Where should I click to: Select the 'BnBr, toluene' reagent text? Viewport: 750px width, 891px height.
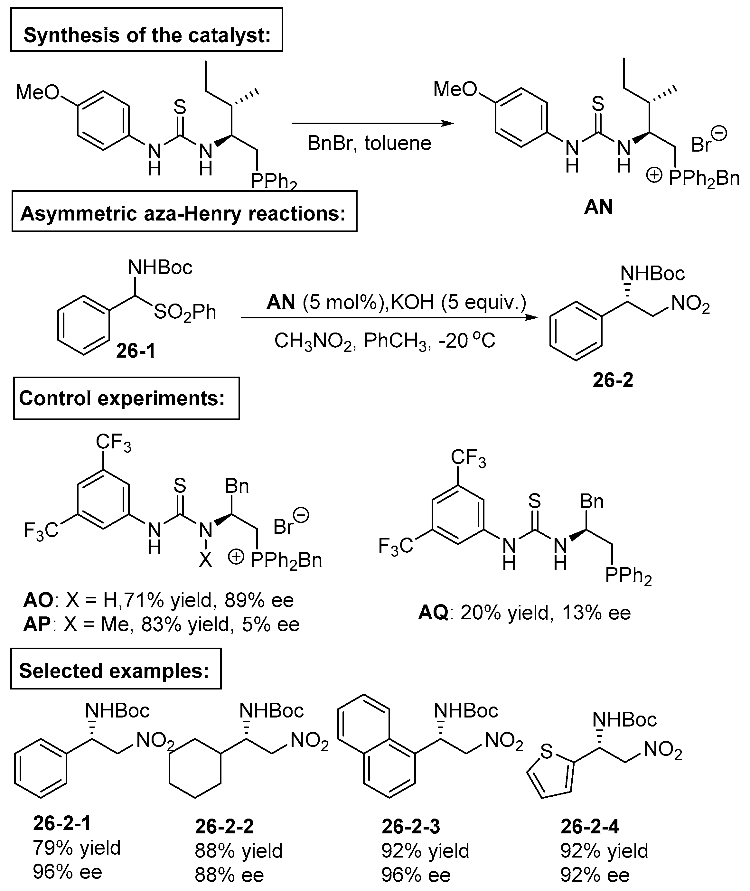point(369,143)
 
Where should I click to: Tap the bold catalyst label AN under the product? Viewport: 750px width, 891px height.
point(598,207)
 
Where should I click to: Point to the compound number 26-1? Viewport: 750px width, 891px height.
point(136,351)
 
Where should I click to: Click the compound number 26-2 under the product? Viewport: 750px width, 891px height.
point(613,380)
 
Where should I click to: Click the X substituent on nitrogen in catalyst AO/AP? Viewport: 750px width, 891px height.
point(205,561)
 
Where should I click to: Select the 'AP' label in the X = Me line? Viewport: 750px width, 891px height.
point(37,624)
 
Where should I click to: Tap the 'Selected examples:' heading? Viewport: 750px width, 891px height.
point(115,671)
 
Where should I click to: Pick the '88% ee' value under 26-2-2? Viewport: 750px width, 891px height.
point(229,875)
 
